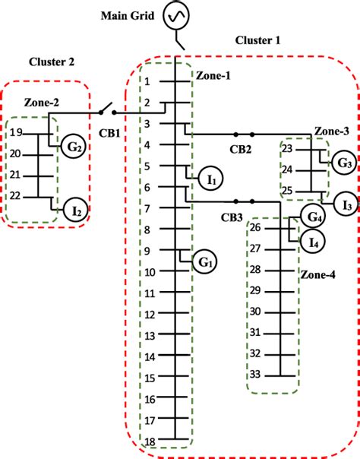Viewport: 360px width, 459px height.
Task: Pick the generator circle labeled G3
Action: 345,163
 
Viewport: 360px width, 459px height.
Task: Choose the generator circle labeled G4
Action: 312,217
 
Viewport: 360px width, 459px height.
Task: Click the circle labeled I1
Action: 212,180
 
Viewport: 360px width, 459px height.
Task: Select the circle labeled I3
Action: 346,203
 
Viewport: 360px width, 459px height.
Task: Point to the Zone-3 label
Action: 331,131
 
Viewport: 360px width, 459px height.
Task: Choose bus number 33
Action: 255,375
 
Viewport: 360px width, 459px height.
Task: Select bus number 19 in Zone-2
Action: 17,133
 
